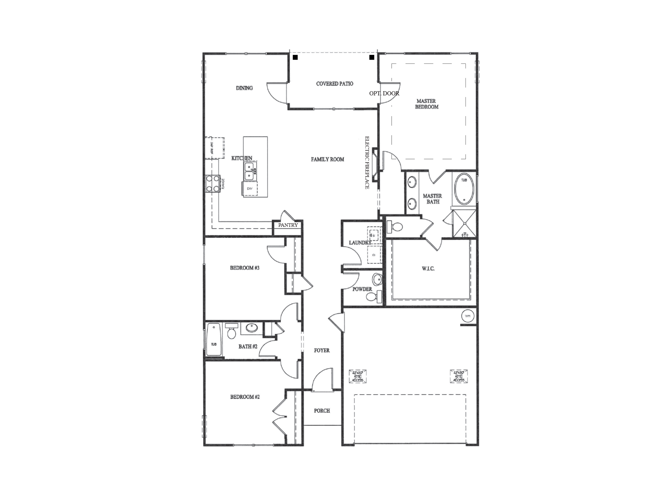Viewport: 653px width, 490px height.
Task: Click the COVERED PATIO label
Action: [334, 84]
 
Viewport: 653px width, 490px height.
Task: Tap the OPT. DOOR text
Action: [384, 93]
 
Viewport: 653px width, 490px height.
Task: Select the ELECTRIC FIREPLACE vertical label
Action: [367, 163]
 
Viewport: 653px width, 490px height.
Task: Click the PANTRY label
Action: [288, 225]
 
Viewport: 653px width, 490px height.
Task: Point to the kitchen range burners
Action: [213, 184]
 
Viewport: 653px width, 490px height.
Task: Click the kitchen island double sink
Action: [249, 171]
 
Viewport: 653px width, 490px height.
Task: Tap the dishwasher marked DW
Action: [250, 189]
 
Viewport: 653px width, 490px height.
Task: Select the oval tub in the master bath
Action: [464, 191]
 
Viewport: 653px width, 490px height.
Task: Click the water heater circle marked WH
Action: [467, 316]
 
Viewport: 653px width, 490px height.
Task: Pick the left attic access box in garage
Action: [358, 376]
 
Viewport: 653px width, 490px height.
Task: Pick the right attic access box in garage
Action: [459, 376]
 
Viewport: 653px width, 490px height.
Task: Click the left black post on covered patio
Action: [295, 57]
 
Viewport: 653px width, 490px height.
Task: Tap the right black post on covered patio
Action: [372, 57]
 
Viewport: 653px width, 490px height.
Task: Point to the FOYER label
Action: [322, 350]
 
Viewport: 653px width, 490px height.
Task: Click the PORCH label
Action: [322, 411]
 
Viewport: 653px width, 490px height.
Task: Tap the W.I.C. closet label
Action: [428, 269]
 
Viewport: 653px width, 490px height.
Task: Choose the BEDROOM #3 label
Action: [245, 268]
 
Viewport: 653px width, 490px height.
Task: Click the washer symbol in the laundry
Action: [374, 235]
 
